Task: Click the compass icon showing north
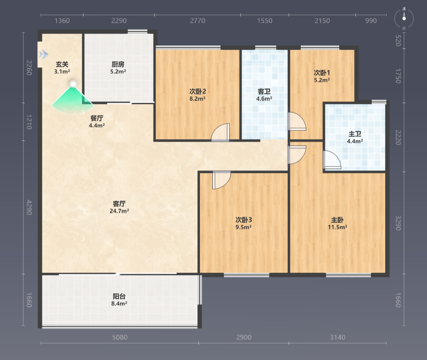pos(404,19)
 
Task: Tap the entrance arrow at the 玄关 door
pos(44,55)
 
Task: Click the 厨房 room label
pos(118,68)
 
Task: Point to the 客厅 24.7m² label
pos(119,207)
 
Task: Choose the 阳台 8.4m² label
pos(119,300)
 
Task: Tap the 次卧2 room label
pos(197,95)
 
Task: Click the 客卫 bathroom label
pos(264,95)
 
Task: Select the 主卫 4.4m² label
pos(355,137)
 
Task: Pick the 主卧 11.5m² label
pos(337,223)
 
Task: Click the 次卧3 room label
pos(243,223)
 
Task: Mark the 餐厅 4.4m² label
pos(97,121)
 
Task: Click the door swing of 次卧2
pos(220,132)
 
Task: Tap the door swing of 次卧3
pos(221,180)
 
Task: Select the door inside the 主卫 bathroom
pos(332,160)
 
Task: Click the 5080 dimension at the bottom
pos(120,337)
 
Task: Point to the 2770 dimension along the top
pos(197,21)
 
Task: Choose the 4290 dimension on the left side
pos(29,207)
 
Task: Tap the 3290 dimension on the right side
pos(398,223)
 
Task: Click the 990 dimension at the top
pos(371,21)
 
